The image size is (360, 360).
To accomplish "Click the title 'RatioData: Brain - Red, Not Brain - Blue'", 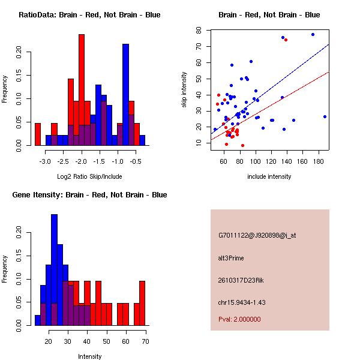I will click(x=89, y=15).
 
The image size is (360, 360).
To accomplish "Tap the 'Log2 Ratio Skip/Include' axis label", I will click(x=89, y=176).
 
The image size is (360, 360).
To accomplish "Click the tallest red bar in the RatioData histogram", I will click(x=82, y=90).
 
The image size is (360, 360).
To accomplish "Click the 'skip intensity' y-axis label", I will click(x=185, y=90).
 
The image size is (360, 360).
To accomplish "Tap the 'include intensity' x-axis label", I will click(x=269, y=176).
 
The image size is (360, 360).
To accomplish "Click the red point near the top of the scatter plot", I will click(x=286, y=40).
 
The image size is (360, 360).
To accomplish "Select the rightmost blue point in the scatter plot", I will click(x=325, y=116).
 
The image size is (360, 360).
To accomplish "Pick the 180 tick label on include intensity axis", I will click(x=319, y=162).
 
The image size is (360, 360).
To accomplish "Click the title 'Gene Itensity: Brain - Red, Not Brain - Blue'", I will click(x=89, y=195).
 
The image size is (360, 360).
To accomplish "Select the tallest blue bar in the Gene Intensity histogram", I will click(x=54, y=269).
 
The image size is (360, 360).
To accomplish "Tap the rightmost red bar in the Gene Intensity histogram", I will click(x=142, y=303).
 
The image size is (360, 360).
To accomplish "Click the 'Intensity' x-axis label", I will click(x=89, y=356).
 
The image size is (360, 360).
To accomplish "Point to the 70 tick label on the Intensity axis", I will click(x=145, y=342).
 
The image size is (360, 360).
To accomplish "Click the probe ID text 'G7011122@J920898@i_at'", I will click(x=257, y=235).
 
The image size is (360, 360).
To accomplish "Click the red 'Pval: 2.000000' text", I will click(x=240, y=319).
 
